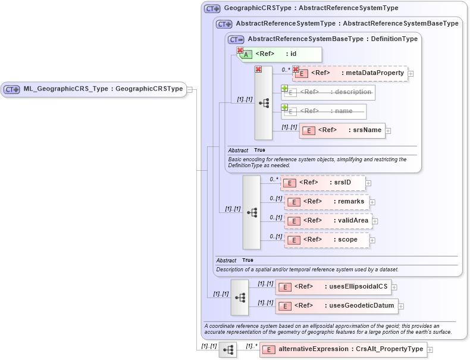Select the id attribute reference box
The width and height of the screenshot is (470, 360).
279,54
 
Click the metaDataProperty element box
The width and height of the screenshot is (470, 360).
349,73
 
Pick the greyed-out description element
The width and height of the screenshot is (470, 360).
328,92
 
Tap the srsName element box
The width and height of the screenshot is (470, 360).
342,130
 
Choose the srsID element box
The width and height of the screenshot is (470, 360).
322,183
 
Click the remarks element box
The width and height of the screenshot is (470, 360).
327,202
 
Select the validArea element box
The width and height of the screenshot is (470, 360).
328,221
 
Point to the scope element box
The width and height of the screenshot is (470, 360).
327,240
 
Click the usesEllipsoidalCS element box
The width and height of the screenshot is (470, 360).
333,287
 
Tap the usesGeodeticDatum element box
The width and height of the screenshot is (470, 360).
336,306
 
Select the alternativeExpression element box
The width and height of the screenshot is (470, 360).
343,350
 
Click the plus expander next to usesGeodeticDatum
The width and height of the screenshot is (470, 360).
401,306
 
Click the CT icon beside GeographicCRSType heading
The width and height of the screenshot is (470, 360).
212,8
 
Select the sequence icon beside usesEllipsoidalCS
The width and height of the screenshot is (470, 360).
240,297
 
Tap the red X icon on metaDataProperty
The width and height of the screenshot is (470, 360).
296,70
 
